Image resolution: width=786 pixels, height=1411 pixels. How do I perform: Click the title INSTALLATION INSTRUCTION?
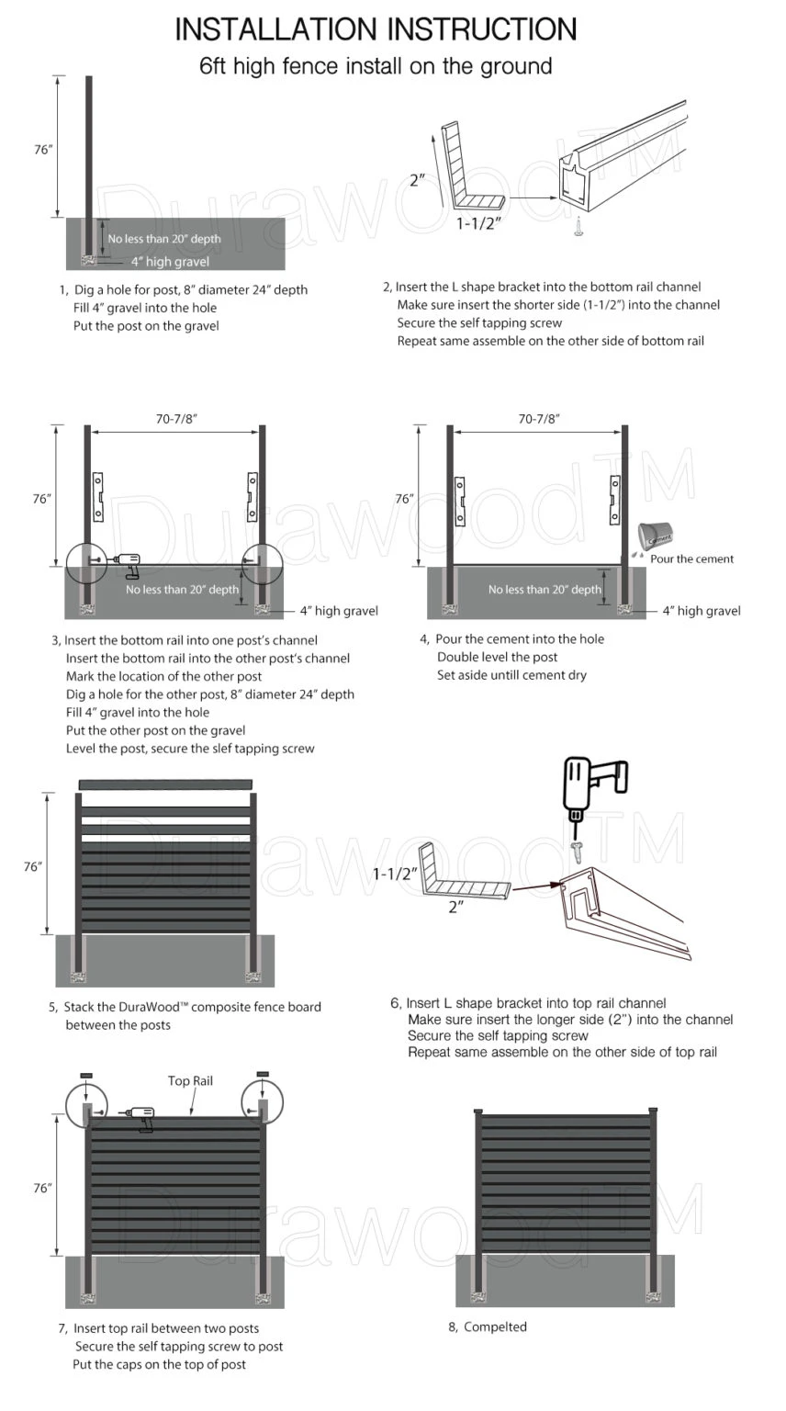(376, 29)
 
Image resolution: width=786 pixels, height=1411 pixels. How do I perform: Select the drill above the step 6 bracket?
(591, 787)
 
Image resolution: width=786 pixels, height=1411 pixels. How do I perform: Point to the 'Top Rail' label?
(190, 1080)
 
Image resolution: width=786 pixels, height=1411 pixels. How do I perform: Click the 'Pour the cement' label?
(691, 559)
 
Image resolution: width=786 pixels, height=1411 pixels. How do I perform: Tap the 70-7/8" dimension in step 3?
(176, 418)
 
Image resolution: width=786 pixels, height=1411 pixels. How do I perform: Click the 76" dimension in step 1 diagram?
(43, 150)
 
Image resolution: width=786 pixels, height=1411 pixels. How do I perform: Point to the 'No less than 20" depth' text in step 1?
(164, 239)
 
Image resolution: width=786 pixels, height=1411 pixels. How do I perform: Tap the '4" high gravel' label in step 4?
(702, 611)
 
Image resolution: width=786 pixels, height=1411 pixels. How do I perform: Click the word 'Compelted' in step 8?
(495, 1326)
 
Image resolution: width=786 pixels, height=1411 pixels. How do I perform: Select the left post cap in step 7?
(86, 1075)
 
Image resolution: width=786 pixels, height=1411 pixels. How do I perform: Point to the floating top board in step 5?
(165, 784)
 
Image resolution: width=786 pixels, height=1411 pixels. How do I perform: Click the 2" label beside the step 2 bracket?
(418, 180)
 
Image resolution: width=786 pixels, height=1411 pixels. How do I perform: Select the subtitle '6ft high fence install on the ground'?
(376, 66)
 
